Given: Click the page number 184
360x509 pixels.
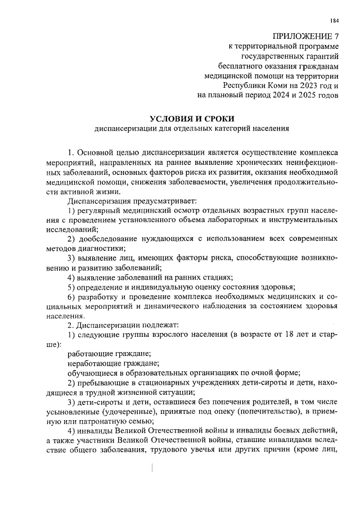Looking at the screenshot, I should pos(335,21).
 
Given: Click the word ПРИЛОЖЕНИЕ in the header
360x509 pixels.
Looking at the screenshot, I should pos(299,35).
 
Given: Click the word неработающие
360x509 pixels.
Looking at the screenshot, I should pos(93,363).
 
